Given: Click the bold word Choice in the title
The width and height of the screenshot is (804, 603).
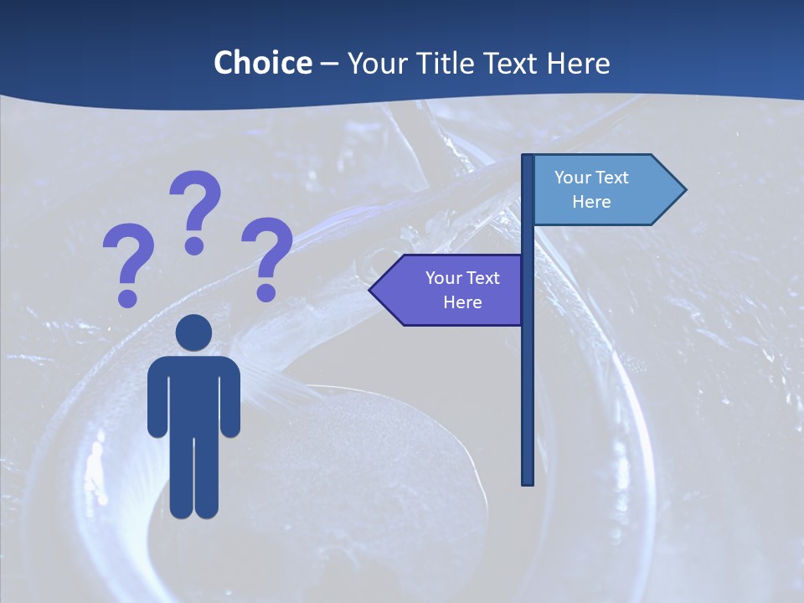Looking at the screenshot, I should [262, 63].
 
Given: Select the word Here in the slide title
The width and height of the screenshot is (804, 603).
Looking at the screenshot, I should [578, 63].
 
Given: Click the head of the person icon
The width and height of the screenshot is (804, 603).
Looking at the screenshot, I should [194, 333].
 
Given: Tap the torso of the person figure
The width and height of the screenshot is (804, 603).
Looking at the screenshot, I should [194, 394].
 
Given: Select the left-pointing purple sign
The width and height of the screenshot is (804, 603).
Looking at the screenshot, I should [452, 290].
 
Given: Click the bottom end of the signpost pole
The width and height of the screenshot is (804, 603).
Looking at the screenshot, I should [528, 481].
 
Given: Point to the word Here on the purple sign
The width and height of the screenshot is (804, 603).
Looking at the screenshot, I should [462, 301].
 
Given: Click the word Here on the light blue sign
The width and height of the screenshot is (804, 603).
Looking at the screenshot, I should [591, 202].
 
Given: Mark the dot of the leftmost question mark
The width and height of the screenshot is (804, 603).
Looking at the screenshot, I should [127, 297].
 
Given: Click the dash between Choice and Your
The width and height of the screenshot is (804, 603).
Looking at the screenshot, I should [329, 64].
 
